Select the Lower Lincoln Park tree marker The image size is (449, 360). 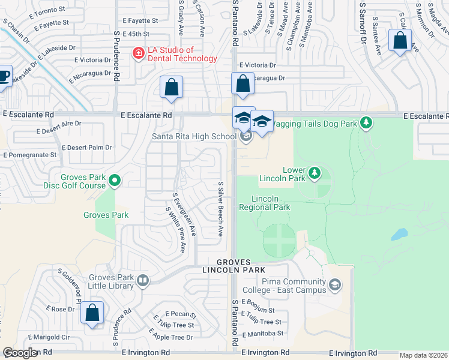[x=313, y=174]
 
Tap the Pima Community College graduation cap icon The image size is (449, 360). [x=335, y=284]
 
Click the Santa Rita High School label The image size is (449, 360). [x=194, y=136]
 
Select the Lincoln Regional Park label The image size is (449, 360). [x=265, y=203]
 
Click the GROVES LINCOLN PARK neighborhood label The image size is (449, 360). [x=241, y=266]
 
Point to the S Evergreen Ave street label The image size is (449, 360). [x=184, y=214]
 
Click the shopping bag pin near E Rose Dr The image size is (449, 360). [x=92, y=313]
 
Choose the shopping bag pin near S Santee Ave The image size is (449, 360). [x=400, y=41]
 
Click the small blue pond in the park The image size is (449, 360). [x=399, y=234]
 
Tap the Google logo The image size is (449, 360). [x=20, y=353]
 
